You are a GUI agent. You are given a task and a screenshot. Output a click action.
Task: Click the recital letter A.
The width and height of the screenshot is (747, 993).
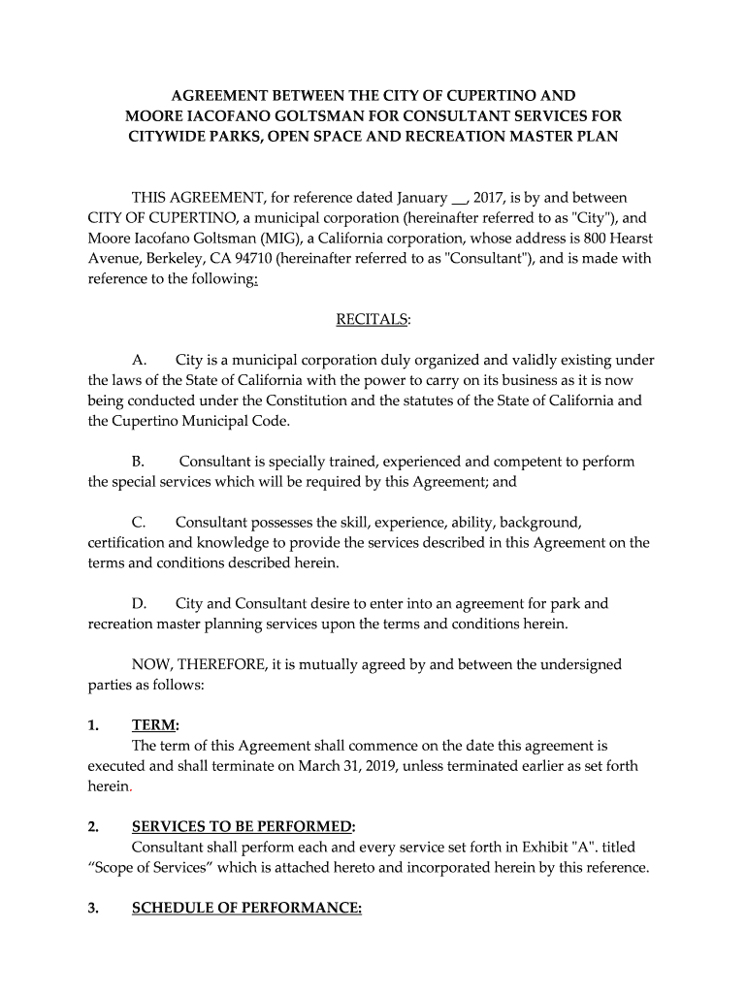(x=139, y=361)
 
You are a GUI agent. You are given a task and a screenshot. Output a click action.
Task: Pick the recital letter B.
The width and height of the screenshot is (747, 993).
(x=138, y=462)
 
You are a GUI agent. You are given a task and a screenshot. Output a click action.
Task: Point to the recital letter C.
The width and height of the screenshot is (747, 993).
(x=139, y=523)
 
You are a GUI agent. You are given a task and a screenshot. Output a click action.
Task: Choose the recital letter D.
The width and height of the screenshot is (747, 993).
(x=139, y=604)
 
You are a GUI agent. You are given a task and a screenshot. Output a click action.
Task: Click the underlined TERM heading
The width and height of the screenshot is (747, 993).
(x=154, y=725)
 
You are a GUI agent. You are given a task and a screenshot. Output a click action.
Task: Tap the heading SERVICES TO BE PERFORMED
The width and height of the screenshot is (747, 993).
(x=242, y=827)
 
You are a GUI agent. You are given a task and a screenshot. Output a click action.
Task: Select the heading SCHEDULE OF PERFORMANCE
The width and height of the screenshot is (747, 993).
(x=245, y=908)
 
